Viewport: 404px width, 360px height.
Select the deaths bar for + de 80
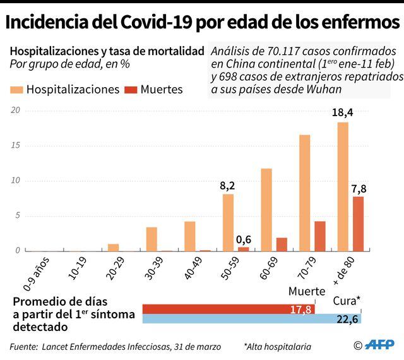click(x=358, y=224)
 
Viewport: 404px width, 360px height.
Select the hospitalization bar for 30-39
click(x=151, y=239)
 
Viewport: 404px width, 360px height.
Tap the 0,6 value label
click(x=244, y=239)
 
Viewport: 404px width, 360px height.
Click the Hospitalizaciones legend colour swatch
click(x=16, y=89)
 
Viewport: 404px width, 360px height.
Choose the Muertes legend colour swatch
click(x=131, y=89)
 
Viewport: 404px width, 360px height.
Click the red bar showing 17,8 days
click(x=215, y=309)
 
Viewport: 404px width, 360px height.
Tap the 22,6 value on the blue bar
click(x=347, y=320)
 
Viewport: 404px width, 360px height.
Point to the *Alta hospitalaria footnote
click(x=277, y=346)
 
